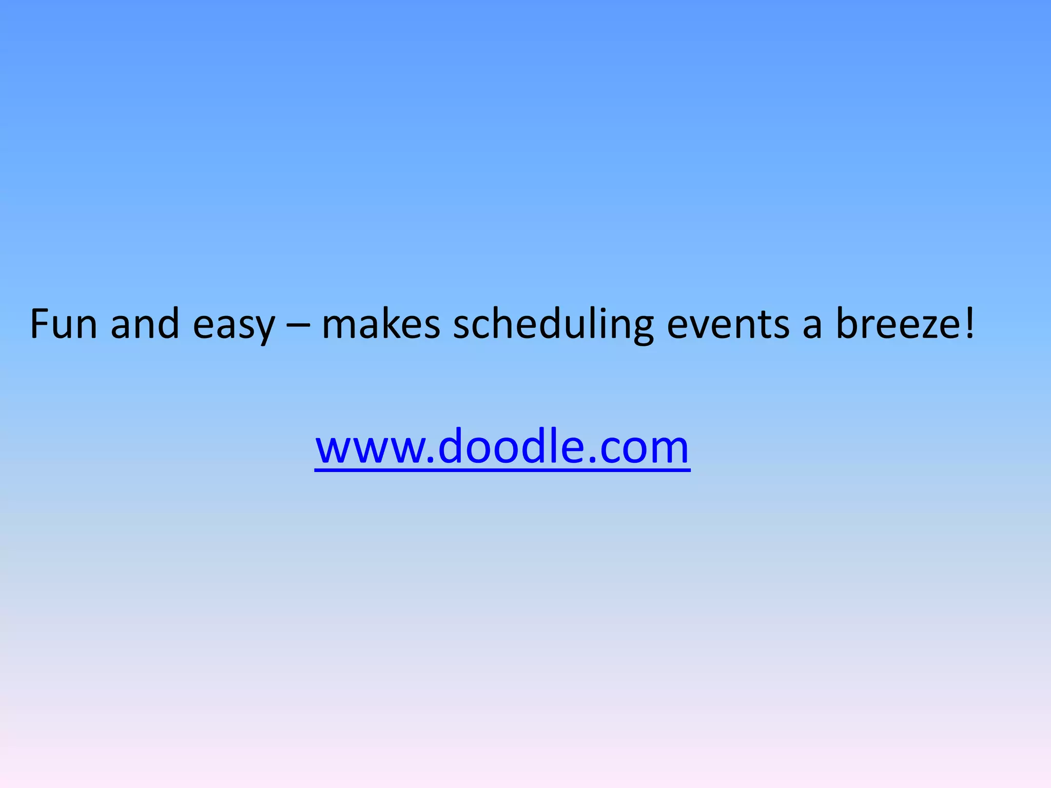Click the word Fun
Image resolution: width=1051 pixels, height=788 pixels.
(64, 324)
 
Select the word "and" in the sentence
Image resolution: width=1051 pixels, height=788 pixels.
(145, 324)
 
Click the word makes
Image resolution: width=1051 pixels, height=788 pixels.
(381, 324)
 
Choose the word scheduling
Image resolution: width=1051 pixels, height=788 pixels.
(553, 325)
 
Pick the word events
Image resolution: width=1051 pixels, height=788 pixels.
(728, 325)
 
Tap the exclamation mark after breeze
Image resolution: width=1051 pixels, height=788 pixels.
(969, 324)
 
